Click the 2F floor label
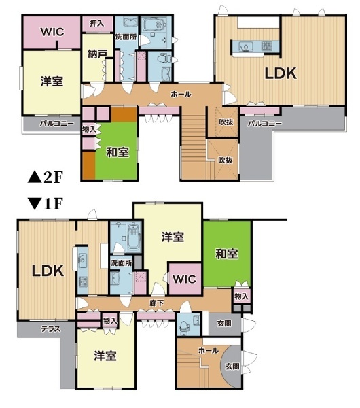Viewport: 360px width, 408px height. (46, 177)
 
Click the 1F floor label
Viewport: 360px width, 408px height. (46, 204)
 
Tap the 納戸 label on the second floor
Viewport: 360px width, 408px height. (96, 54)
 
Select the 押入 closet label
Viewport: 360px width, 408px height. (97, 24)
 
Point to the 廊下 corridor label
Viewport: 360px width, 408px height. (156, 303)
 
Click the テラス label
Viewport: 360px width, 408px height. (51, 329)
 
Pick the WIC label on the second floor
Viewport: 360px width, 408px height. (52, 32)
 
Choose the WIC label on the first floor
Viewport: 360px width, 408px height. (185, 279)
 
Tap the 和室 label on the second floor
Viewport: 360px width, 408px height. (118, 152)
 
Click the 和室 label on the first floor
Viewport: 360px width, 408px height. (227, 254)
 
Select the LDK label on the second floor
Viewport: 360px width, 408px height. (281, 73)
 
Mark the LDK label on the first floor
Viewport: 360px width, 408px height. (48, 271)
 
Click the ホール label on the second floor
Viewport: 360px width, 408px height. (181, 95)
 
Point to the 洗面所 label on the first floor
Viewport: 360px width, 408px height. (122, 262)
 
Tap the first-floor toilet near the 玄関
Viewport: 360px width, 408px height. (184, 326)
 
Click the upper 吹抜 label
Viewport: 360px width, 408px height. (226, 122)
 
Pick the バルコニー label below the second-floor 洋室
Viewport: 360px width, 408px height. (57, 124)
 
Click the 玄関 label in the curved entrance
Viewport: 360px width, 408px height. (232, 367)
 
